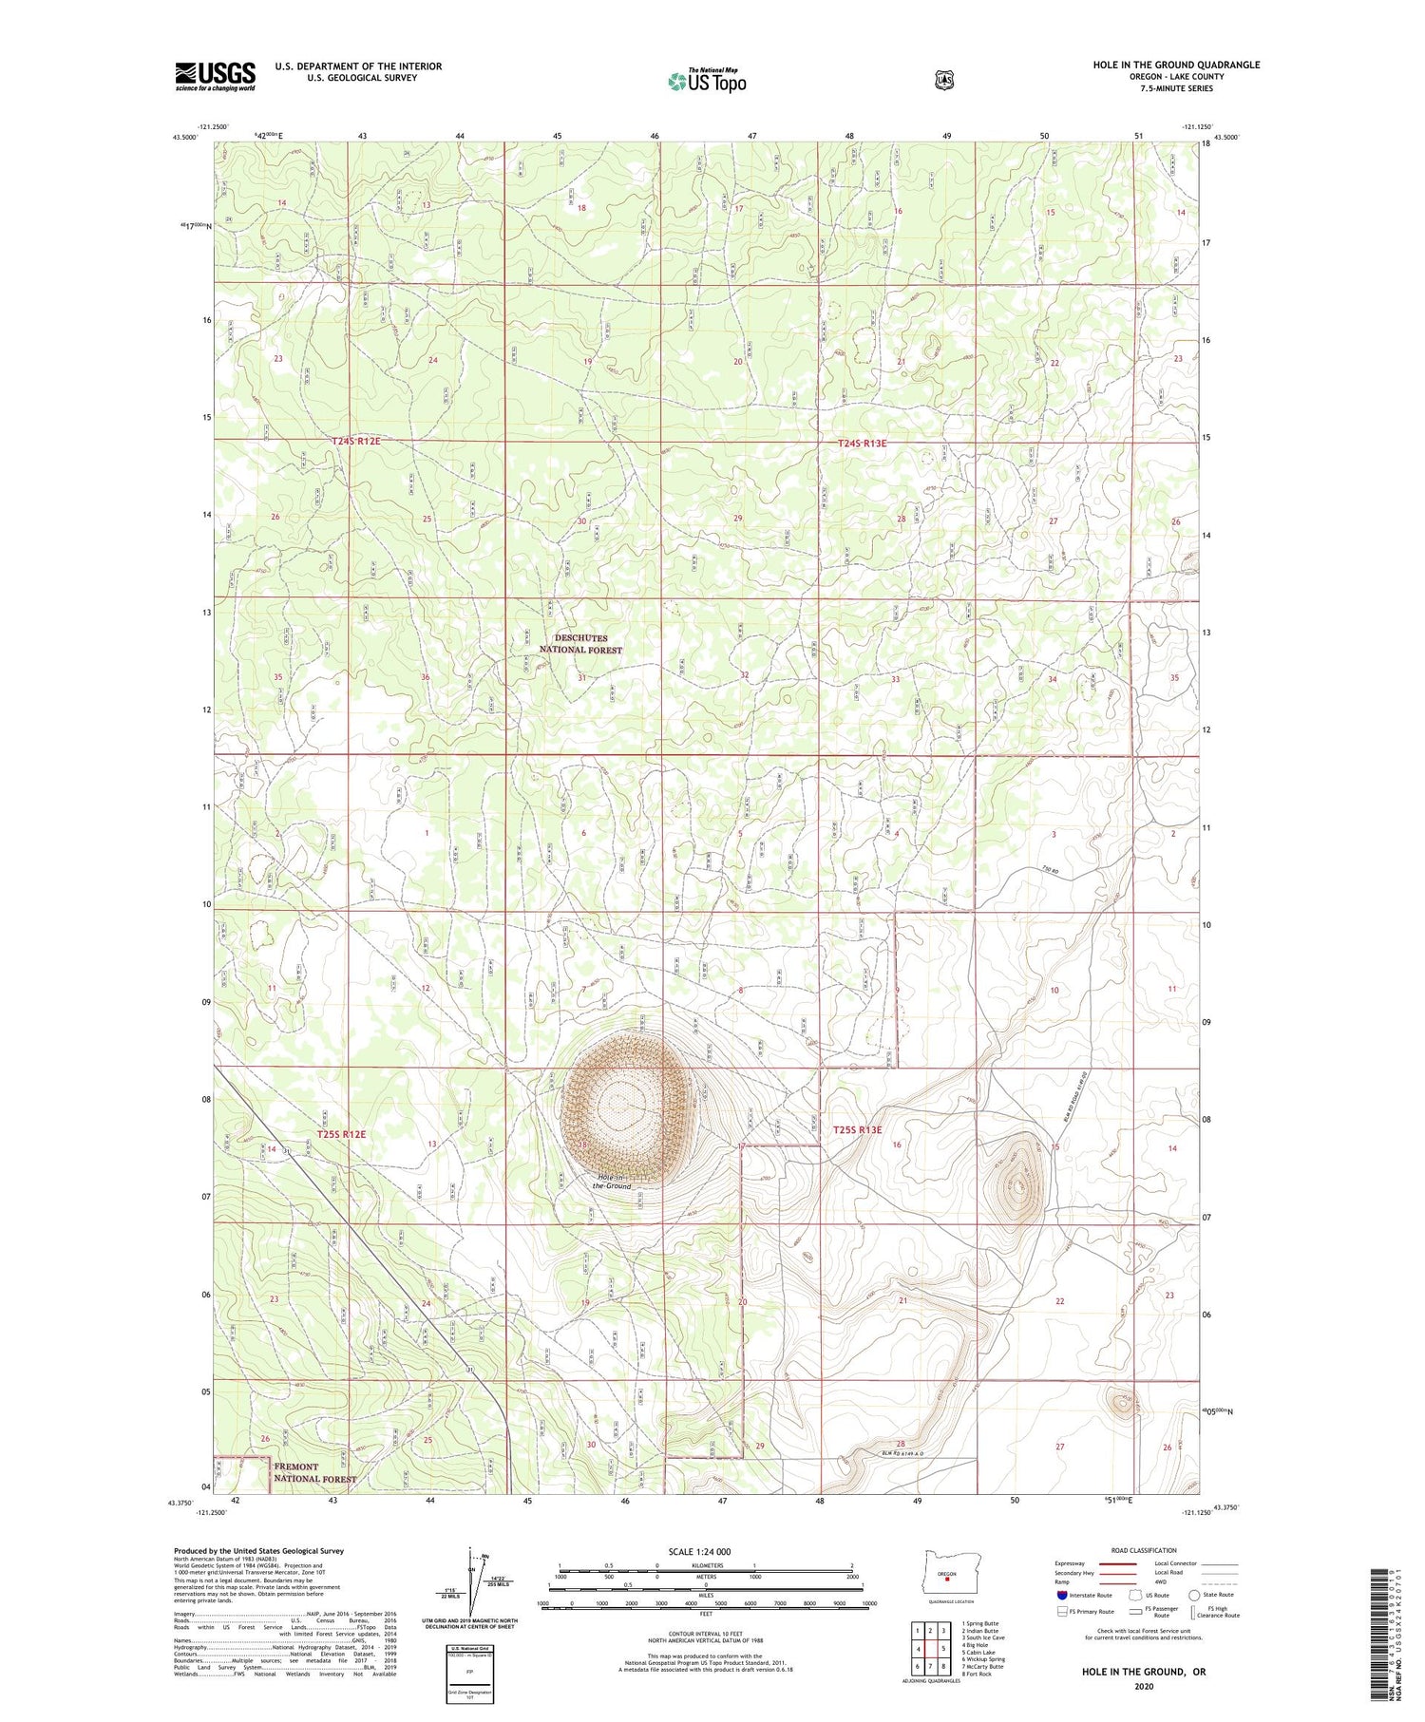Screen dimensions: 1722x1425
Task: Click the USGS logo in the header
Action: (x=216, y=75)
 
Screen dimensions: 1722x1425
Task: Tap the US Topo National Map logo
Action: (x=707, y=80)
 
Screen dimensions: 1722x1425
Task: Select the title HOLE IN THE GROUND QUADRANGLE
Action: (x=1175, y=65)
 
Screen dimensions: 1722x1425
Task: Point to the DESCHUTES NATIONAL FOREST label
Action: (x=580, y=644)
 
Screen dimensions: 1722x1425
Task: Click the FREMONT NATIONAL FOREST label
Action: (x=314, y=1473)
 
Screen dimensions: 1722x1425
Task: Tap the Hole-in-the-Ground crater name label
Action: (x=612, y=1182)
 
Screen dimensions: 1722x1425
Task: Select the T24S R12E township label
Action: (x=356, y=442)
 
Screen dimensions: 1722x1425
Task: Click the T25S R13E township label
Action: (x=857, y=1130)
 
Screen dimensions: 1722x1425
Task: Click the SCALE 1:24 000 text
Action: (x=699, y=1551)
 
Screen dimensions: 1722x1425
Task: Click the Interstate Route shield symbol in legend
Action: (x=1062, y=1595)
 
